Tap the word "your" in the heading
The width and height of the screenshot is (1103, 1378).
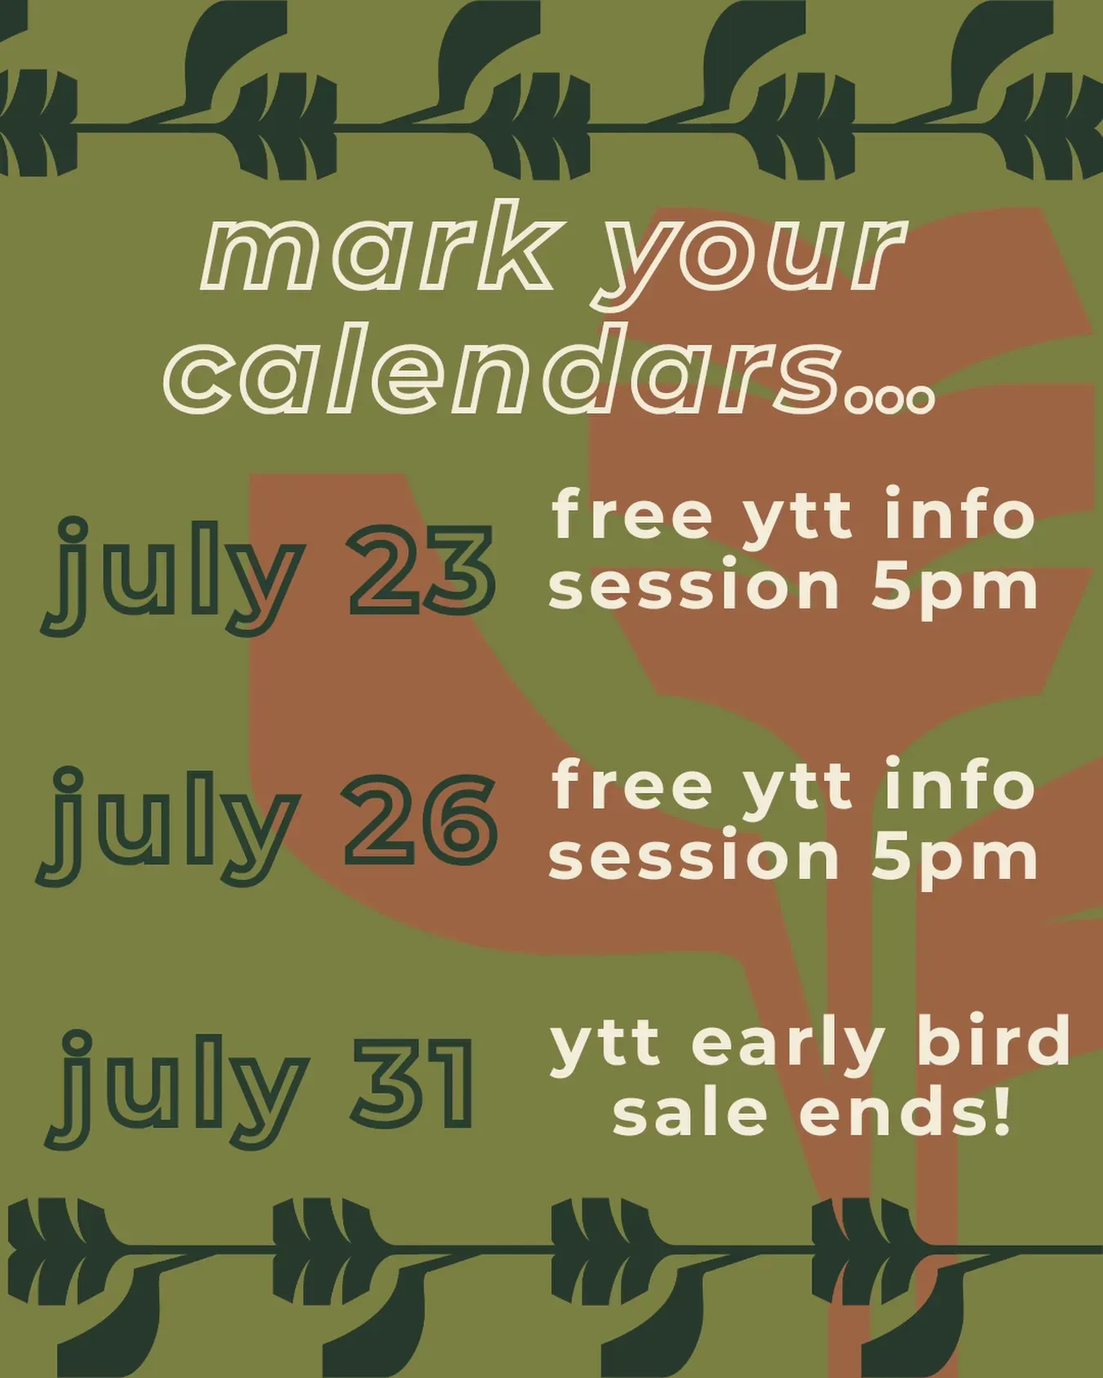point(752,260)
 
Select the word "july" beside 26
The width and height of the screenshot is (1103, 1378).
point(167,827)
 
